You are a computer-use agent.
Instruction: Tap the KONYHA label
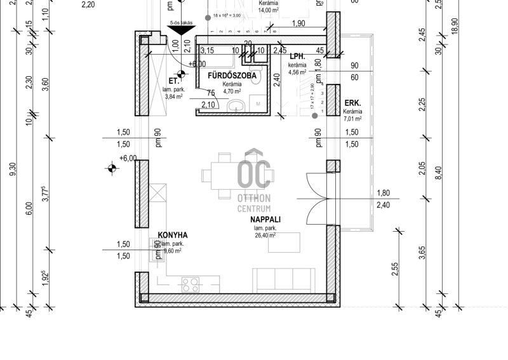point(173,235)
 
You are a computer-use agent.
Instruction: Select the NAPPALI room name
point(265,220)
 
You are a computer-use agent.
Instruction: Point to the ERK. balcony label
point(352,103)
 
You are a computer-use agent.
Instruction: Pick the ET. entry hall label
point(172,81)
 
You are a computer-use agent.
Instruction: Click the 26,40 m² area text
point(265,236)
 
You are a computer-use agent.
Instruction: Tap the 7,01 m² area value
point(352,119)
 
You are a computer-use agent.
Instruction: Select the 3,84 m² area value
point(173,97)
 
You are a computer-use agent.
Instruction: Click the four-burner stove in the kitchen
point(190,283)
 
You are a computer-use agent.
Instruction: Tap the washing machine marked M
point(259,103)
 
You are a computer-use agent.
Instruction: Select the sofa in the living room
point(284,279)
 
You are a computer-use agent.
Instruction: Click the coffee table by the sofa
point(288,241)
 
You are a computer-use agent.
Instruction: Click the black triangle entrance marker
point(182,29)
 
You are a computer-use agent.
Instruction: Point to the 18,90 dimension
point(455,29)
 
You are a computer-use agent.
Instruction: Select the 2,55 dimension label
point(395,269)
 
